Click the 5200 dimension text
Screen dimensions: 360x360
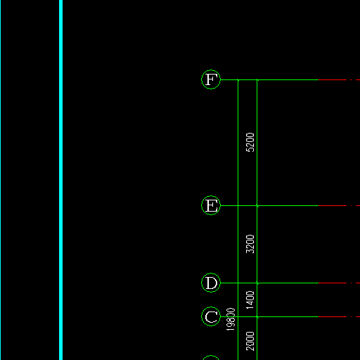[x=250, y=142]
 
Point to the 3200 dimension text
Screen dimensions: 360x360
[x=250, y=244]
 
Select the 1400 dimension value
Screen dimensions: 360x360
[x=250, y=300]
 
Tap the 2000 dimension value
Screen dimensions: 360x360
[x=250, y=341]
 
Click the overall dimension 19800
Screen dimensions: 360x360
[x=231, y=319]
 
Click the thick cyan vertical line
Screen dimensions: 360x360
[x=60, y=180]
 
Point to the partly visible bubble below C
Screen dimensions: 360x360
[x=211, y=356]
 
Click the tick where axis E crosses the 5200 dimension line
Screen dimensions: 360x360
[x=257, y=206]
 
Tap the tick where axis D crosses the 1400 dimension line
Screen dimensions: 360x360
[x=257, y=283]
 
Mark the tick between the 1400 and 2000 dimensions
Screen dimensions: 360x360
[x=257, y=317]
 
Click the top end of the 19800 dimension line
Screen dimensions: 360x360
[x=238, y=80]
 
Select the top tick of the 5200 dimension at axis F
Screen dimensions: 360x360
[x=257, y=80]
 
